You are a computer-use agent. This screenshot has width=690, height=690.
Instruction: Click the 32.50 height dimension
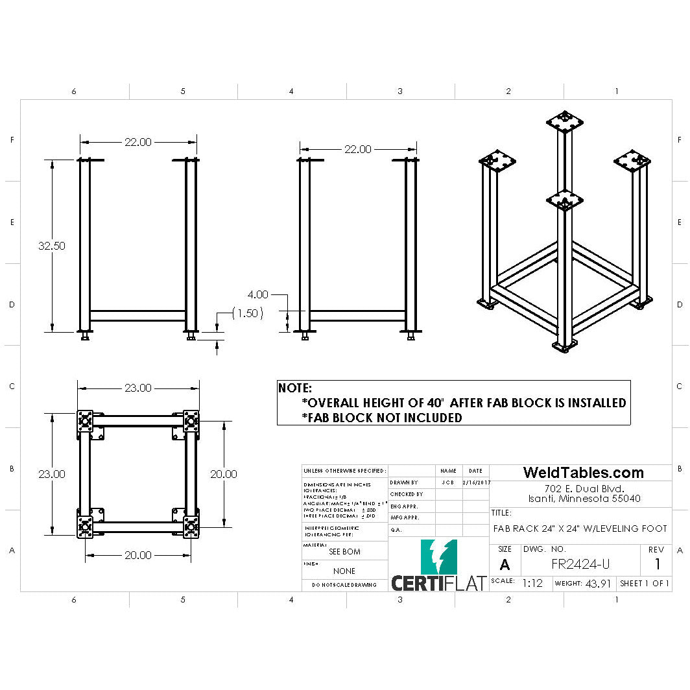pyautogui.click(x=51, y=246)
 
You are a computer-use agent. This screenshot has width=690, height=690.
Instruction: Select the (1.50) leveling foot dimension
pyautogui.click(x=247, y=313)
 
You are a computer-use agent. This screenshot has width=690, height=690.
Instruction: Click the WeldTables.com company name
pyautogui.click(x=583, y=473)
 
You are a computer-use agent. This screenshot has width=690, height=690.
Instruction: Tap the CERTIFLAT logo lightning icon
pyautogui.click(x=439, y=556)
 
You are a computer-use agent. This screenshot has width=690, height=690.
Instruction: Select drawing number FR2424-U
pyautogui.click(x=580, y=564)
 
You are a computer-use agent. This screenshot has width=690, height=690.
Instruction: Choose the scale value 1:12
pyautogui.click(x=532, y=584)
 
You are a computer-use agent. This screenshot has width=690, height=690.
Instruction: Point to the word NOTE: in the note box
pyautogui.click(x=295, y=388)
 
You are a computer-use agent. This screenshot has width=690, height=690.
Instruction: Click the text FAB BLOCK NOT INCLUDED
pyautogui.click(x=382, y=418)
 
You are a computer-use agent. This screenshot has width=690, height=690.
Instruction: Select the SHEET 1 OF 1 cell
pyautogui.click(x=644, y=584)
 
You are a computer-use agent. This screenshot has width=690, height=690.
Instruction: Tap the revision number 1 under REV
pyautogui.click(x=658, y=564)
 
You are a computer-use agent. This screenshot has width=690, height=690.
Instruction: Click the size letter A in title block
pyautogui.click(x=505, y=564)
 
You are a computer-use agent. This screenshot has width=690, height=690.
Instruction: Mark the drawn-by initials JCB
pyautogui.click(x=447, y=483)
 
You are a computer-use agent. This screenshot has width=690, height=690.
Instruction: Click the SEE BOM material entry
pyautogui.click(x=344, y=551)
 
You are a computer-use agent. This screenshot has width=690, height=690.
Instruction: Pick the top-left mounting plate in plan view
pyautogui.click(x=85, y=422)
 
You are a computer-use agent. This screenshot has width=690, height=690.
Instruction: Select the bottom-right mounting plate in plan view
pyautogui.click(x=191, y=528)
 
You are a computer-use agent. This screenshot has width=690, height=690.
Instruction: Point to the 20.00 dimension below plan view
pyautogui.click(x=137, y=555)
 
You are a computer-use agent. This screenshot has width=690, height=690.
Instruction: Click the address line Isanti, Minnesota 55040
pyautogui.click(x=584, y=499)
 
